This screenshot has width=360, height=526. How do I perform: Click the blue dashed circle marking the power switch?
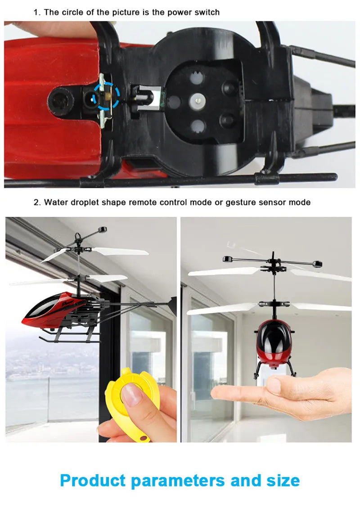(107, 96)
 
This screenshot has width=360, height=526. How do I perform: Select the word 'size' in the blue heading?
(281, 480)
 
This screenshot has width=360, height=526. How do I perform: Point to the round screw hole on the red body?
(59, 100)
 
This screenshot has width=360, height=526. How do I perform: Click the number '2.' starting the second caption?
(37, 202)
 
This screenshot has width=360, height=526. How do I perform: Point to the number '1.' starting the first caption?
(37, 12)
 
